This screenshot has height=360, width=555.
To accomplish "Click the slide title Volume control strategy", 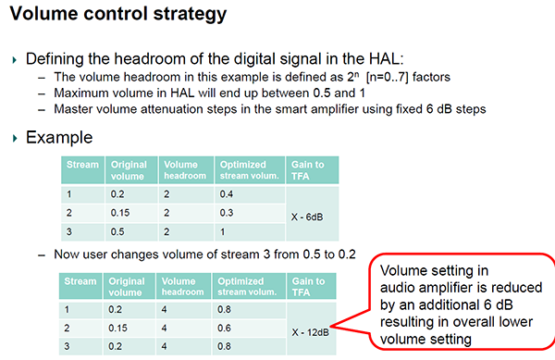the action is pyautogui.click(x=118, y=14).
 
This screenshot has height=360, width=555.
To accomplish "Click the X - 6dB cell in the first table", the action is pyautogui.click(x=307, y=217).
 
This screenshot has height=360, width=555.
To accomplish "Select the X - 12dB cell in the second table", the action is pyautogui.click(x=311, y=332).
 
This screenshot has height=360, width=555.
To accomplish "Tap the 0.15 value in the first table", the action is pyautogui.click(x=120, y=213).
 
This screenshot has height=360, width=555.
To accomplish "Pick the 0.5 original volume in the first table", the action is pyautogui.click(x=117, y=231).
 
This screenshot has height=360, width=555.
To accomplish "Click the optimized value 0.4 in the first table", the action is pyautogui.click(x=227, y=194).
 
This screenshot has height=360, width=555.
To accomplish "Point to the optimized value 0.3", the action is pyautogui.click(x=227, y=213).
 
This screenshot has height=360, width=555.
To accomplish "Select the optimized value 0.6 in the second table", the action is pyautogui.click(x=224, y=329).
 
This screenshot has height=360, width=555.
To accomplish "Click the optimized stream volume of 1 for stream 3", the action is pyautogui.click(x=222, y=232).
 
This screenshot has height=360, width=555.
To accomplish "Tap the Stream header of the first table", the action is pyautogui.click(x=82, y=165).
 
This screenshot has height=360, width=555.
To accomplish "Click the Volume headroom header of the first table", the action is pyautogui.click(x=185, y=170).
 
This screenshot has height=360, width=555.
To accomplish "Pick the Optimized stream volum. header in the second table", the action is pyautogui.click(x=247, y=287).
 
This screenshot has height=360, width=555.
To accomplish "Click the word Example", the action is pyautogui.click(x=59, y=137).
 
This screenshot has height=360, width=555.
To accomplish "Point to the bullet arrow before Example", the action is pyautogui.click(x=15, y=138).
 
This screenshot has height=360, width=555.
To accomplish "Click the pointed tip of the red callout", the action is pyautogui.click(x=331, y=326).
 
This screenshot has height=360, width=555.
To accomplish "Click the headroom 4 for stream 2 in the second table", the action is pyautogui.click(x=164, y=329).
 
